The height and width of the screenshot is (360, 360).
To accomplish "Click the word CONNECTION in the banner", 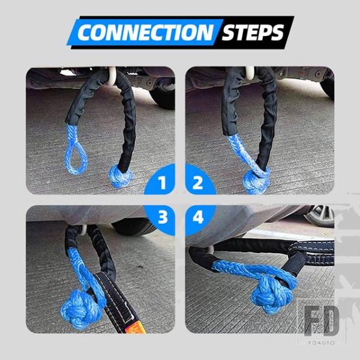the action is (x=146, y=32).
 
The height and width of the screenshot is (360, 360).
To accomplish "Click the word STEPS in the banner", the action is (x=253, y=32).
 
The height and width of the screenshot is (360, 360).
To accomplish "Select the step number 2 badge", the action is (x=198, y=182).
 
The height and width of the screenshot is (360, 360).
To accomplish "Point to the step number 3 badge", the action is (x=163, y=217).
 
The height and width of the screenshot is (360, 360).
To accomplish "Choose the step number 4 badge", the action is (x=198, y=217).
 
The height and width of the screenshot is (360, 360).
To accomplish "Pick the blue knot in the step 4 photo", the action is (x=272, y=295).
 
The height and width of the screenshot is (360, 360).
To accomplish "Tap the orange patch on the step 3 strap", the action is (x=136, y=326).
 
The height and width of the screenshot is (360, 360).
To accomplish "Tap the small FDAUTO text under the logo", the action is (x=322, y=343).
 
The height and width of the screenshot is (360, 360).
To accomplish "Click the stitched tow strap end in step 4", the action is (x=313, y=253).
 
